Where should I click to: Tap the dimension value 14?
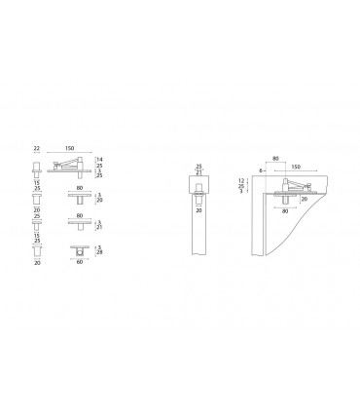pyautogui.click(x=100, y=158)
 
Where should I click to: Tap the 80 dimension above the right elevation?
pyautogui.click(x=275, y=157)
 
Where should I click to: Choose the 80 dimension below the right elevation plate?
pyautogui.click(x=284, y=210)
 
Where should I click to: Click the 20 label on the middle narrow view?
pyautogui.click(x=199, y=207)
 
